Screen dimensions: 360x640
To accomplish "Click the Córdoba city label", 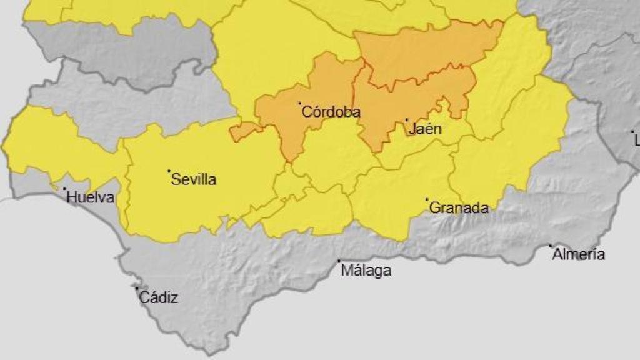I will pos(331,112).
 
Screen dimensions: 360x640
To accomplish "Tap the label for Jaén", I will pos(425,129).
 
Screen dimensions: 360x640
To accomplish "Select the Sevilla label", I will pos(194,180).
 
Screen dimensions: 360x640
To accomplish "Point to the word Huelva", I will pos(91,198).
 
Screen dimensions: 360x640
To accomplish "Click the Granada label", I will pos(459,208).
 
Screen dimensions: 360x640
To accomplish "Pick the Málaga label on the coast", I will pos(366,271).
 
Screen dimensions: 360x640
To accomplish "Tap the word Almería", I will pos(579,254).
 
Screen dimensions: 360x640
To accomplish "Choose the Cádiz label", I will pos(159,298).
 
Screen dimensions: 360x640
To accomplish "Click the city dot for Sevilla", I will pos(169,171).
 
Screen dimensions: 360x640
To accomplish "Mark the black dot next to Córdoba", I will pos(299,103).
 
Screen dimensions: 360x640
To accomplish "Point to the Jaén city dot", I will pos(407,120).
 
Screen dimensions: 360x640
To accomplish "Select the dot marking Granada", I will pos(427,200).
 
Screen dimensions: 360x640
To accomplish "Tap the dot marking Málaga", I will pos(339,261).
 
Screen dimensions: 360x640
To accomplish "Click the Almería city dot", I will pos(551,246).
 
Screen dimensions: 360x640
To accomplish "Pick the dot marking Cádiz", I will pos(137,289).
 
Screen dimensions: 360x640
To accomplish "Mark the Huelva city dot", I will pos(64,188).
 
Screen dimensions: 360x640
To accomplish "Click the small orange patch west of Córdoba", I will pos(244,131).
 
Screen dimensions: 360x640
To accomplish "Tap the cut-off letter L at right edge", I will pos(636,140).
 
